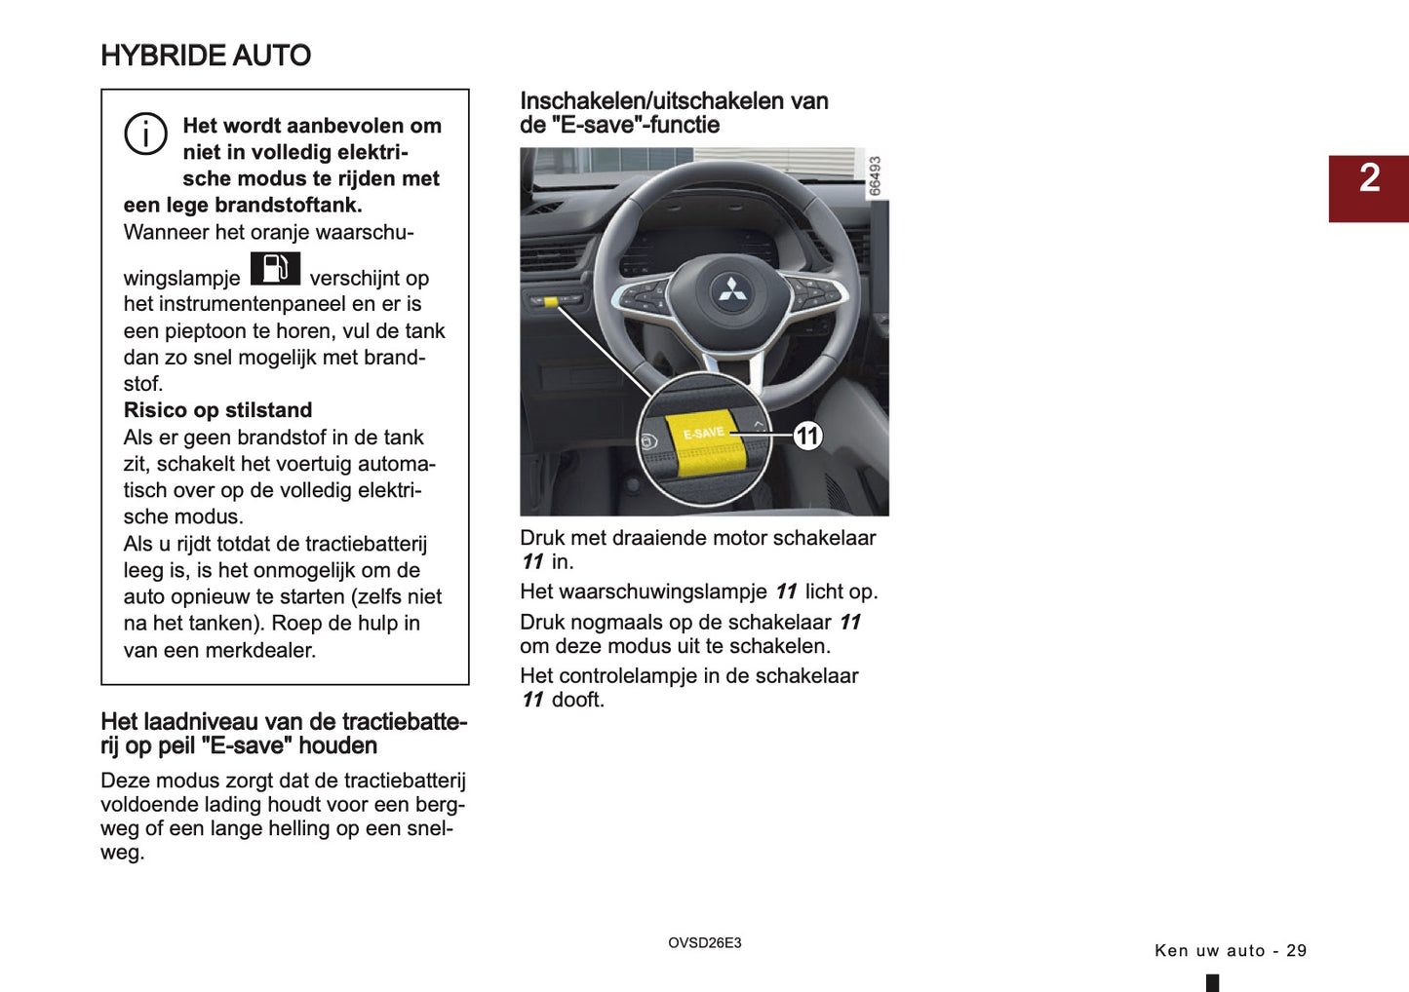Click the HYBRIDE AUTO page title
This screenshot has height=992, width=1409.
(206, 56)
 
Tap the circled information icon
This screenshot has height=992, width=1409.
(145, 134)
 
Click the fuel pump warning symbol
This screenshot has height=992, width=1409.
(275, 268)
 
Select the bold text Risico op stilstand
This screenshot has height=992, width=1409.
(217, 410)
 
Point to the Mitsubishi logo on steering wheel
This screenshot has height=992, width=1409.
(728, 288)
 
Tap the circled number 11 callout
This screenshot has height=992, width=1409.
(807, 436)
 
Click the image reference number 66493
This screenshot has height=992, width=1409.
(875, 176)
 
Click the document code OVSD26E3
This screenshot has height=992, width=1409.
(704, 943)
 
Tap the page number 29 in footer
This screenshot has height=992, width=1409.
(1296, 951)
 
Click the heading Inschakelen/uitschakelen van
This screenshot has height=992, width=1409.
(674, 101)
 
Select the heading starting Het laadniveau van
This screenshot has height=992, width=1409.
(284, 722)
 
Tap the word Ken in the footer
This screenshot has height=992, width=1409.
(1170, 951)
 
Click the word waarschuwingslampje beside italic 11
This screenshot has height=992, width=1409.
(644, 591)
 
